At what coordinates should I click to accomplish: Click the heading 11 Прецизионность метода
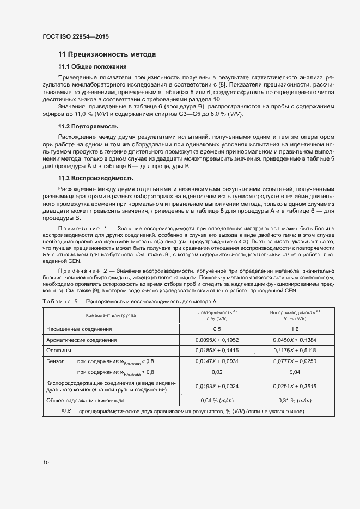click(107, 54)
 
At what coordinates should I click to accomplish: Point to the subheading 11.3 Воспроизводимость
click(95, 179)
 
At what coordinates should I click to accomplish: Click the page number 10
click(46, 463)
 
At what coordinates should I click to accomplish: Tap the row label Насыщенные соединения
click(80, 329)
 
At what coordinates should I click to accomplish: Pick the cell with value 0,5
click(217, 329)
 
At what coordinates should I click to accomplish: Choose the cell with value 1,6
click(295, 329)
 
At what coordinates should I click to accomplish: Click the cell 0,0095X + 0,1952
click(217, 340)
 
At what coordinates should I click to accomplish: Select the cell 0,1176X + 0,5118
click(295, 350)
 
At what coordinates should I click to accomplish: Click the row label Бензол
click(57, 361)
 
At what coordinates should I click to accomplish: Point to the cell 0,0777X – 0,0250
click(295, 361)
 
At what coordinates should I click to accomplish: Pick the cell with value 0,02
click(217, 372)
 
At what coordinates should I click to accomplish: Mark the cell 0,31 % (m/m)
click(295, 400)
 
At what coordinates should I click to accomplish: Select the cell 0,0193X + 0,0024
click(217, 386)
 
